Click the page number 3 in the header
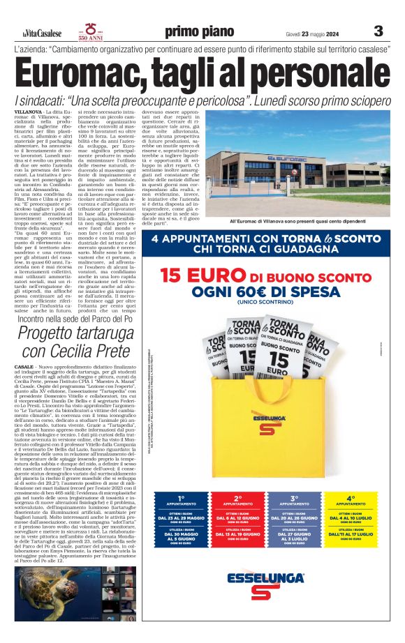pos(378,31)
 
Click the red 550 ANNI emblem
pos(91,31)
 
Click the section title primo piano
pos(202,31)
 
